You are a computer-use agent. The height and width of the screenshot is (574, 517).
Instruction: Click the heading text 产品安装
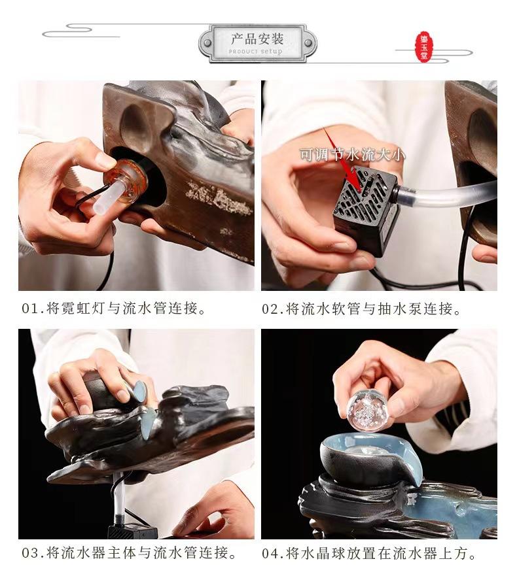pos(257,39)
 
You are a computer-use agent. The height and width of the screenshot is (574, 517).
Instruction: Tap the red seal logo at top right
pos(424,46)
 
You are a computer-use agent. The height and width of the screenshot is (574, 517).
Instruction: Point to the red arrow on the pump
pos(342,158)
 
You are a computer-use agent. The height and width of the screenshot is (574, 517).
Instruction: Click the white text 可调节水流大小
pos(353,154)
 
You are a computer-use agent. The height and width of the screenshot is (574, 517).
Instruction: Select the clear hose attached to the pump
pos(447,193)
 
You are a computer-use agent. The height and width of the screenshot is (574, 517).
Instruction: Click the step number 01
pos(29,309)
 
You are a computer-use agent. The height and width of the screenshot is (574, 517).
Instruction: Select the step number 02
pos(270,309)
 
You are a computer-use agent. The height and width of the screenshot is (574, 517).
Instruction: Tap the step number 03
pos(29,553)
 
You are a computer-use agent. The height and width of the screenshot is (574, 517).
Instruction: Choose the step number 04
pos(270,554)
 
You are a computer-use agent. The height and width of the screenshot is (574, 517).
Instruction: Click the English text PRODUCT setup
pos(256,52)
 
